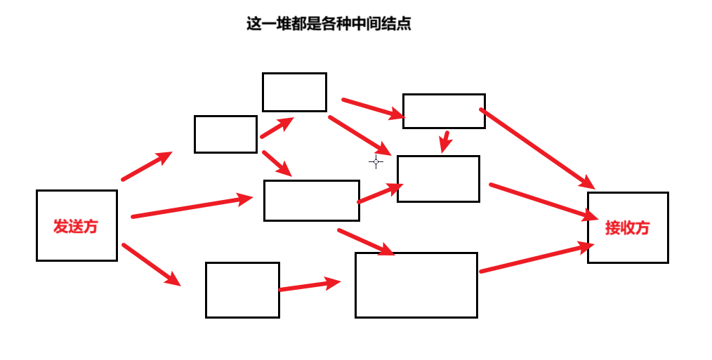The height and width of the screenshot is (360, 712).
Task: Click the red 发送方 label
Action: (x=76, y=226)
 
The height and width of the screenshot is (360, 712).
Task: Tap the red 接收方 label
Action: (x=627, y=227)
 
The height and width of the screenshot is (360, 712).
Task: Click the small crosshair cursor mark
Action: (x=376, y=161)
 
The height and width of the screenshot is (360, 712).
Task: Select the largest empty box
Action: (x=416, y=285)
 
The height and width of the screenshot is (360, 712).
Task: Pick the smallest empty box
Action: (x=225, y=134)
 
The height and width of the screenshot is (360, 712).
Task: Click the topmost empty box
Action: (x=294, y=92)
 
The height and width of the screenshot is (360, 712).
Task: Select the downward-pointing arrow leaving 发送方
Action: (x=151, y=264)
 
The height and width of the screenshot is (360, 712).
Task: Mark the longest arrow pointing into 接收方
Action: (x=537, y=148)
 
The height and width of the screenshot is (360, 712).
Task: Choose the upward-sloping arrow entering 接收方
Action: (x=536, y=258)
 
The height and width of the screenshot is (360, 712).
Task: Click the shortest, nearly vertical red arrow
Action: (x=445, y=141)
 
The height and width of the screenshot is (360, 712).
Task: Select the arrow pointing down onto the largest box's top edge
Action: (x=365, y=241)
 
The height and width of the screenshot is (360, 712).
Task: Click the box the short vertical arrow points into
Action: (x=438, y=179)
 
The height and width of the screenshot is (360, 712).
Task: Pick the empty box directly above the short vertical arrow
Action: (x=444, y=111)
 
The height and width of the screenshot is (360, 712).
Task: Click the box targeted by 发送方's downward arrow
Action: (x=242, y=290)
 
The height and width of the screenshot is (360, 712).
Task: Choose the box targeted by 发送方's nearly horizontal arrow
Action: (x=312, y=201)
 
